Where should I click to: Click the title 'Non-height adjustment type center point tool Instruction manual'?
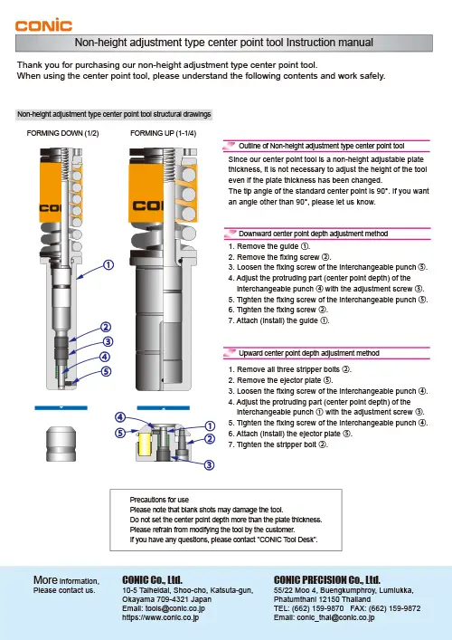pos(225,43)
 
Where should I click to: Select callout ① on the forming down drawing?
pos(108,265)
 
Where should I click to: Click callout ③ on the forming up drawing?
pos(209,464)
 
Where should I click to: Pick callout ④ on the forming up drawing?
pos(118,417)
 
